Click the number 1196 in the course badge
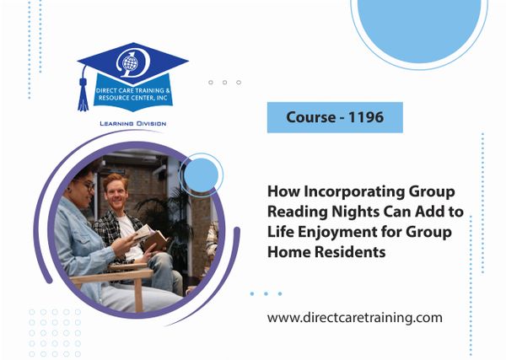point(366,117)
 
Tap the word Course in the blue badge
point(311,117)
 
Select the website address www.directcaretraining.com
point(355,318)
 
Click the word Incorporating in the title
point(355,191)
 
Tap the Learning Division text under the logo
point(133,124)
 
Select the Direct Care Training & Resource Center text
point(133,94)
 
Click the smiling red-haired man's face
point(116,192)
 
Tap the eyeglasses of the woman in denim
point(88,185)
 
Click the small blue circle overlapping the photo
point(201,175)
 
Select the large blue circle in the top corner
point(419,28)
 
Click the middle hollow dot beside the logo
point(224,83)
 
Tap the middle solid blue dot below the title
point(266,293)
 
